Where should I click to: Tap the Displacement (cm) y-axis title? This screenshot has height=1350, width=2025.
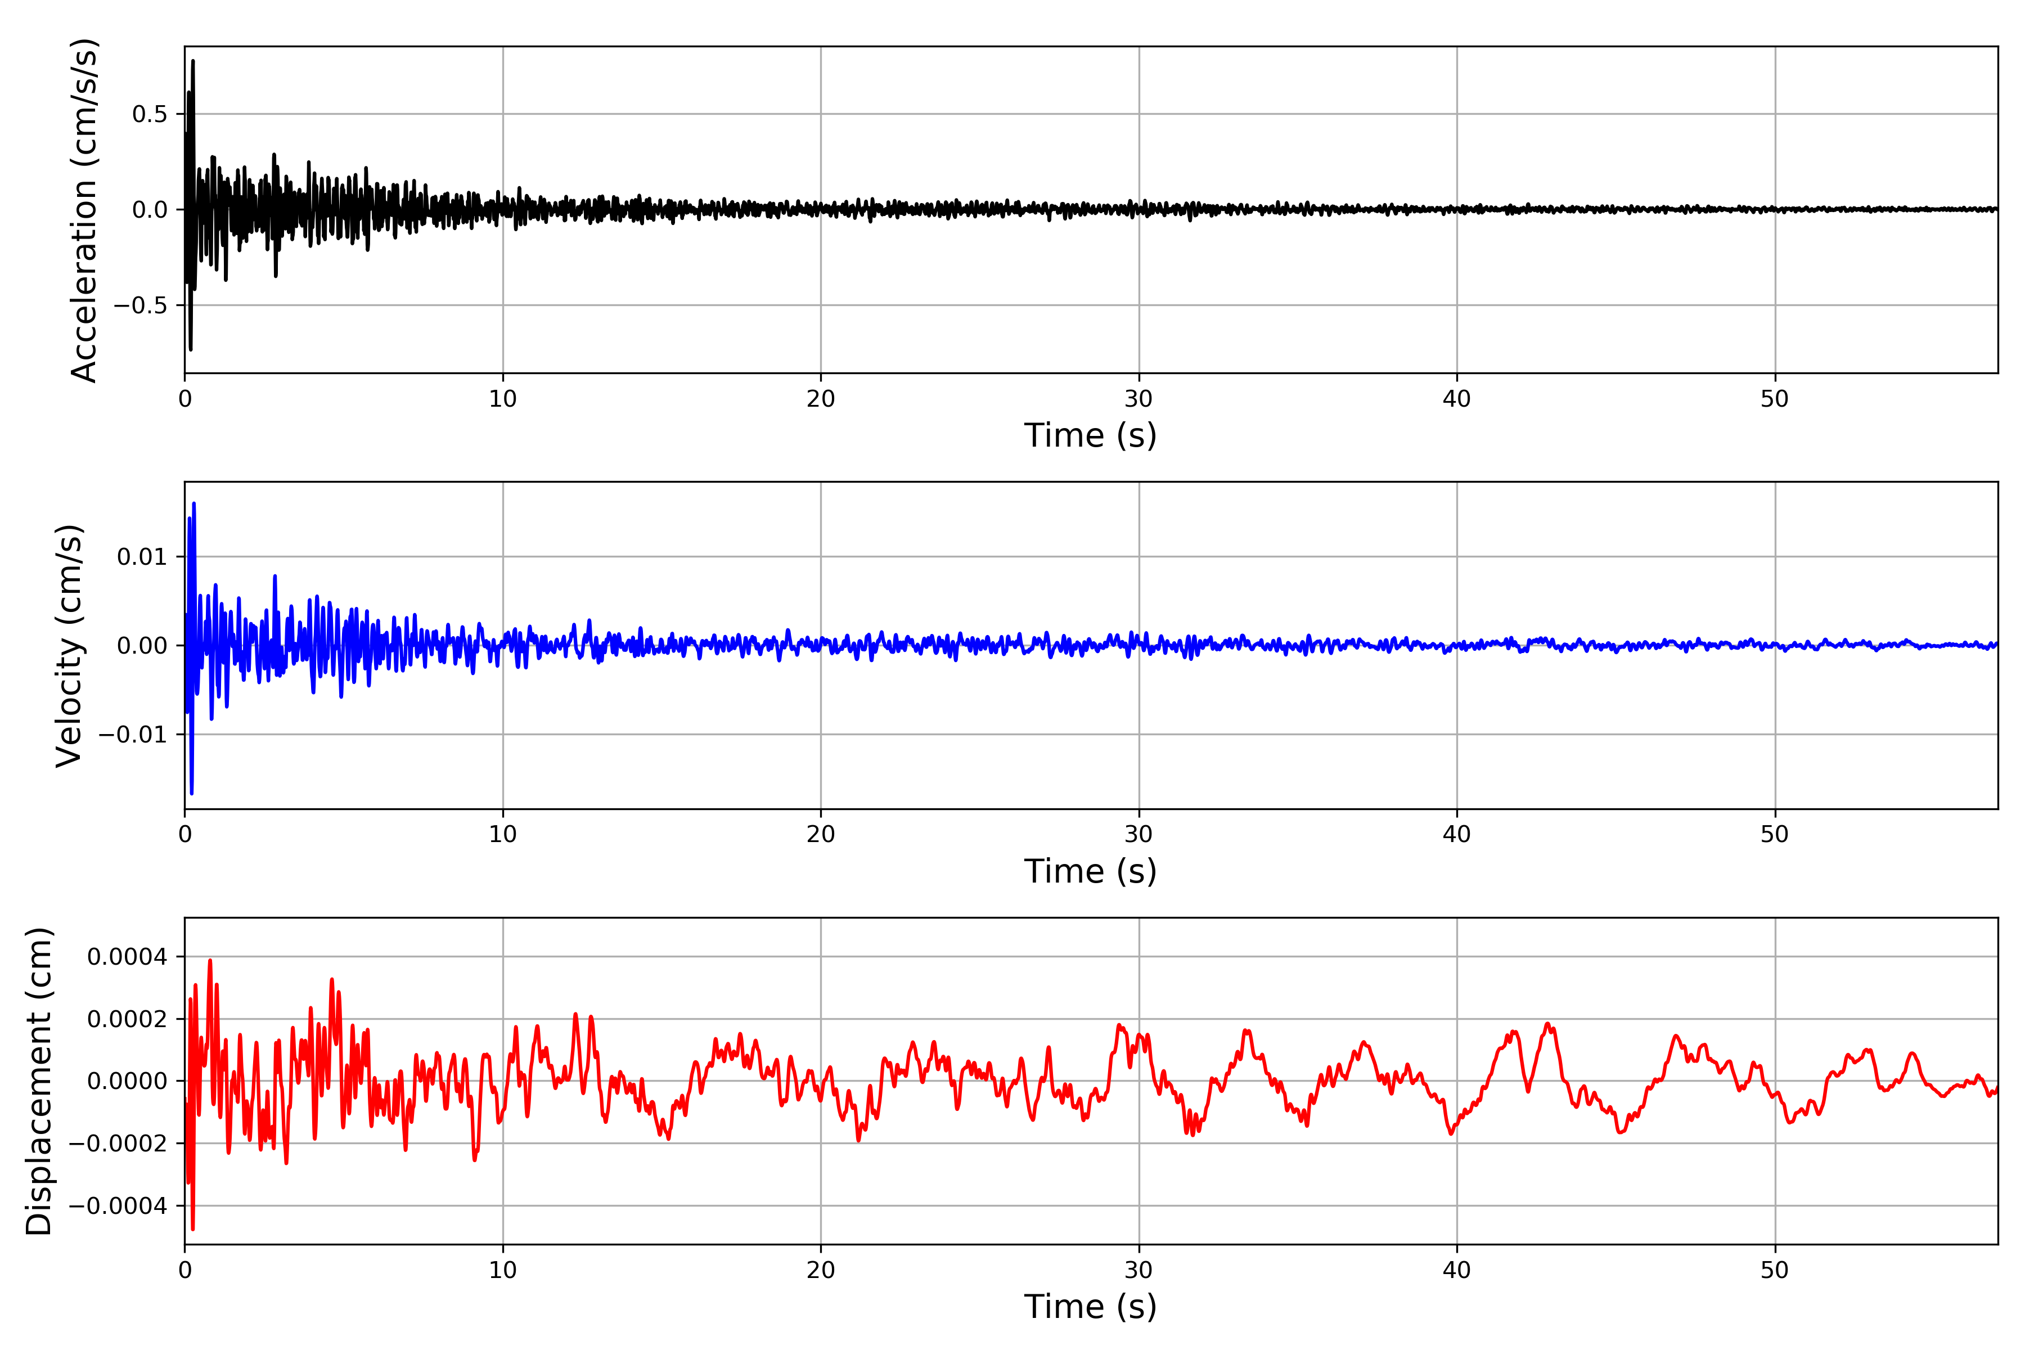click(x=39, y=1081)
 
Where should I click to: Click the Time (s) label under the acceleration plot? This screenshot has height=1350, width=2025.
click(x=1090, y=435)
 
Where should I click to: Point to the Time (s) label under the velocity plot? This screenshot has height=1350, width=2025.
click(x=1090, y=871)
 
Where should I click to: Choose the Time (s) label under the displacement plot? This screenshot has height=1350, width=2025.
click(x=1090, y=1307)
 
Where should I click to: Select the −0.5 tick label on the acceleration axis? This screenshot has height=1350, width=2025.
click(x=139, y=305)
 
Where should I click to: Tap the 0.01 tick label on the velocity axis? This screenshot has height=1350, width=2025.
click(x=142, y=557)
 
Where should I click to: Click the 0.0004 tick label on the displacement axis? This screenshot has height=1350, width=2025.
click(x=128, y=957)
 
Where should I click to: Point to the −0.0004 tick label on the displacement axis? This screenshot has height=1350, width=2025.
click(x=118, y=1206)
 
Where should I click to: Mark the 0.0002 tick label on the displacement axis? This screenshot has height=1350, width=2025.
click(x=128, y=1019)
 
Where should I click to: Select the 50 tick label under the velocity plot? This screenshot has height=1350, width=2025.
click(x=1775, y=834)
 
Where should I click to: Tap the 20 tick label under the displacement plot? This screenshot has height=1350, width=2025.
click(x=821, y=1270)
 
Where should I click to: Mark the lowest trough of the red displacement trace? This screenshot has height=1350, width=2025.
click(x=192, y=1228)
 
